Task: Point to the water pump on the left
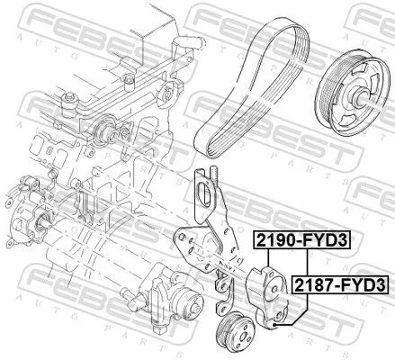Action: (x=36, y=216)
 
